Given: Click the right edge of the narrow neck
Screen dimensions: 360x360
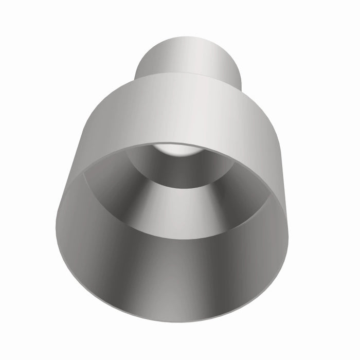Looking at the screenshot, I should tap(240, 67).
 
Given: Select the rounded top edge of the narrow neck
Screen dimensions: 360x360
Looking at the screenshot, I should tap(188, 38).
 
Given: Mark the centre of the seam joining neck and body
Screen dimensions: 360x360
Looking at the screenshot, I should tap(188, 74).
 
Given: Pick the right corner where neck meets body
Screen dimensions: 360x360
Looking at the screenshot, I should tap(241, 85).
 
